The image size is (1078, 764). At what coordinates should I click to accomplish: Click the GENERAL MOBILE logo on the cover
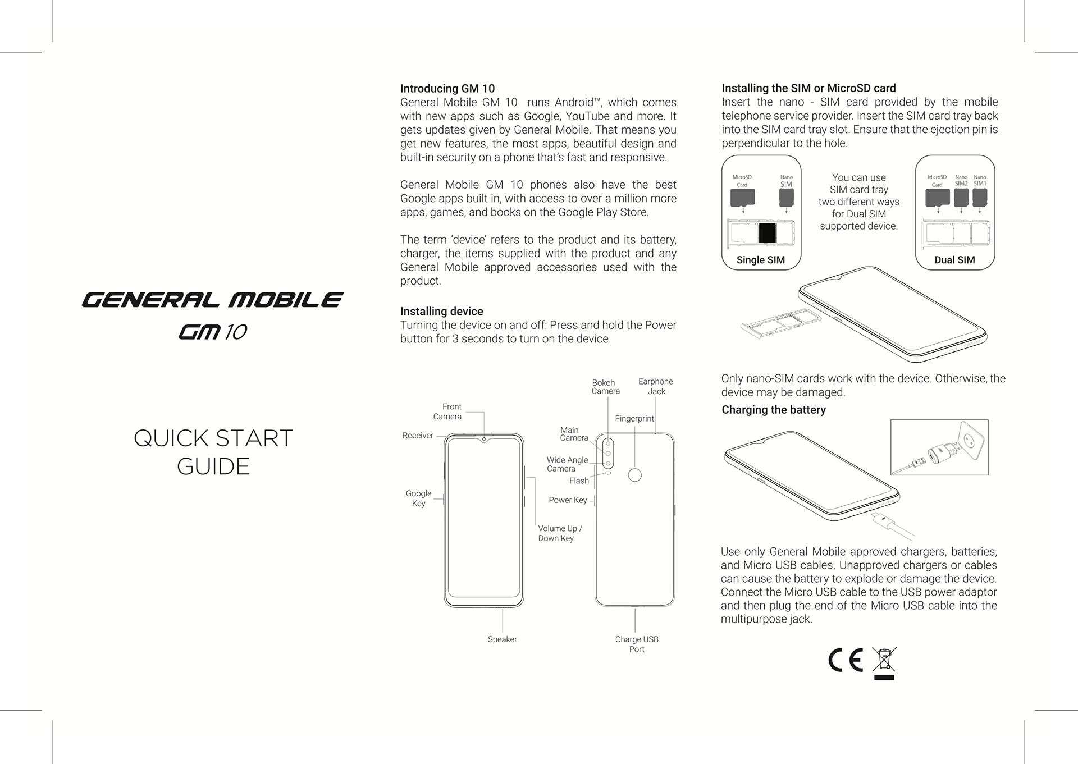[x=212, y=300]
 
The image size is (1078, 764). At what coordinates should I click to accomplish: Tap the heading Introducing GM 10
[x=447, y=89]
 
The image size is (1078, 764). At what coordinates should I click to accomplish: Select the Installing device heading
[x=441, y=312]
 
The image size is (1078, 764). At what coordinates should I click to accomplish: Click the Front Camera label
[x=448, y=411]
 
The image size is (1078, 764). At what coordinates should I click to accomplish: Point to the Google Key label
[x=419, y=498]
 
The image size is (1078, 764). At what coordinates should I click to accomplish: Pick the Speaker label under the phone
[x=502, y=639]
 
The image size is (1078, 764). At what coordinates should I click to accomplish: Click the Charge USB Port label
[x=637, y=644]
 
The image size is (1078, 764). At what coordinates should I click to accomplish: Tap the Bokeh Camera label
[x=605, y=387]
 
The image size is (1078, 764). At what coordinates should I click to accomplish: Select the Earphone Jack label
[x=656, y=386]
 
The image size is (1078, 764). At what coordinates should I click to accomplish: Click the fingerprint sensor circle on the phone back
[x=635, y=475]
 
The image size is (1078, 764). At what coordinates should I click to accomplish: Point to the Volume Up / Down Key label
[x=560, y=533]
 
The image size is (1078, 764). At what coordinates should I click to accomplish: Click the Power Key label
[x=568, y=500]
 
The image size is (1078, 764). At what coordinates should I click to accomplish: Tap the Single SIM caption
[x=760, y=260]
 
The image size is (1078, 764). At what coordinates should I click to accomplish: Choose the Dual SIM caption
[x=954, y=260]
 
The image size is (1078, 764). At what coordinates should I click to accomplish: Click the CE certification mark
[x=846, y=660]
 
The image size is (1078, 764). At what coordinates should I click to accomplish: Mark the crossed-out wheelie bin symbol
[x=884, y=662]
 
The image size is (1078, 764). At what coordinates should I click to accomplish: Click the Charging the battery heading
[x=774, y=410]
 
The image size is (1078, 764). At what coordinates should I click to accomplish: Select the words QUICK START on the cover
[x=213, y=438]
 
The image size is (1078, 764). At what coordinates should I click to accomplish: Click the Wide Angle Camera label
[x=567, y=464]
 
